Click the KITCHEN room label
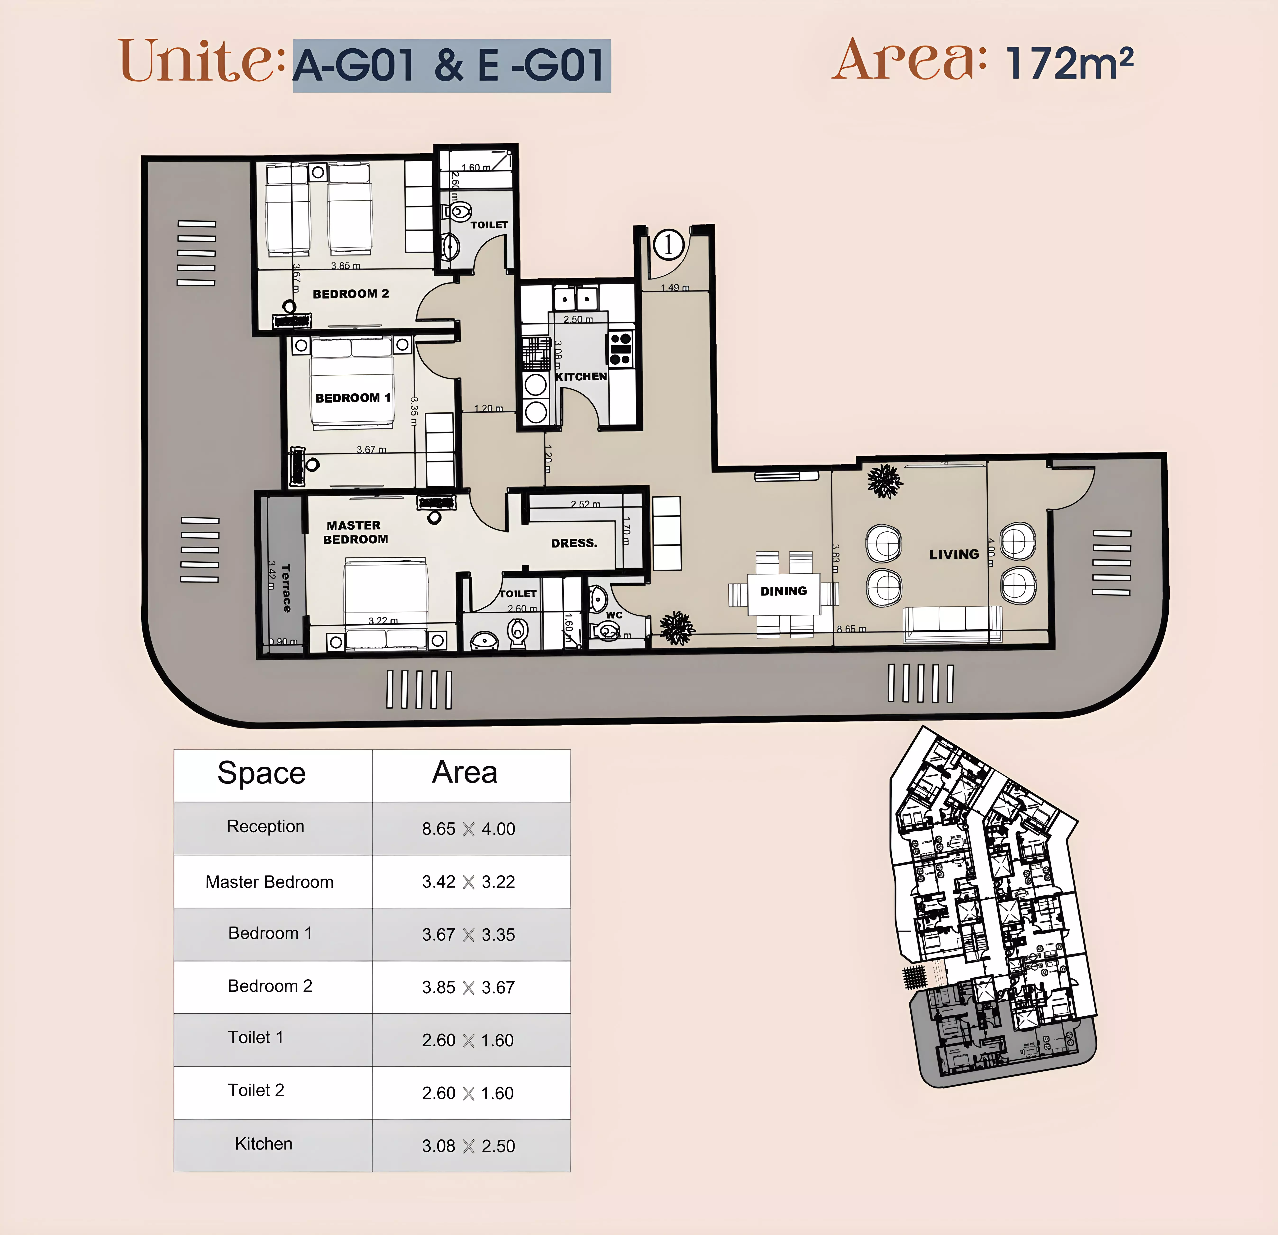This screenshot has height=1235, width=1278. tap(580, 376)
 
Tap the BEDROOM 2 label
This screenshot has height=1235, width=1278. tap(351, 294)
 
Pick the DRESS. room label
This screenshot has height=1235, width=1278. tap(574, 543)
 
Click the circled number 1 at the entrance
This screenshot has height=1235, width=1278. tap(668, 245)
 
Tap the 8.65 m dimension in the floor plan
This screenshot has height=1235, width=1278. tap(851, 629)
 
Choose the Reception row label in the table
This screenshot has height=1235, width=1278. tap(265, 827)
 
